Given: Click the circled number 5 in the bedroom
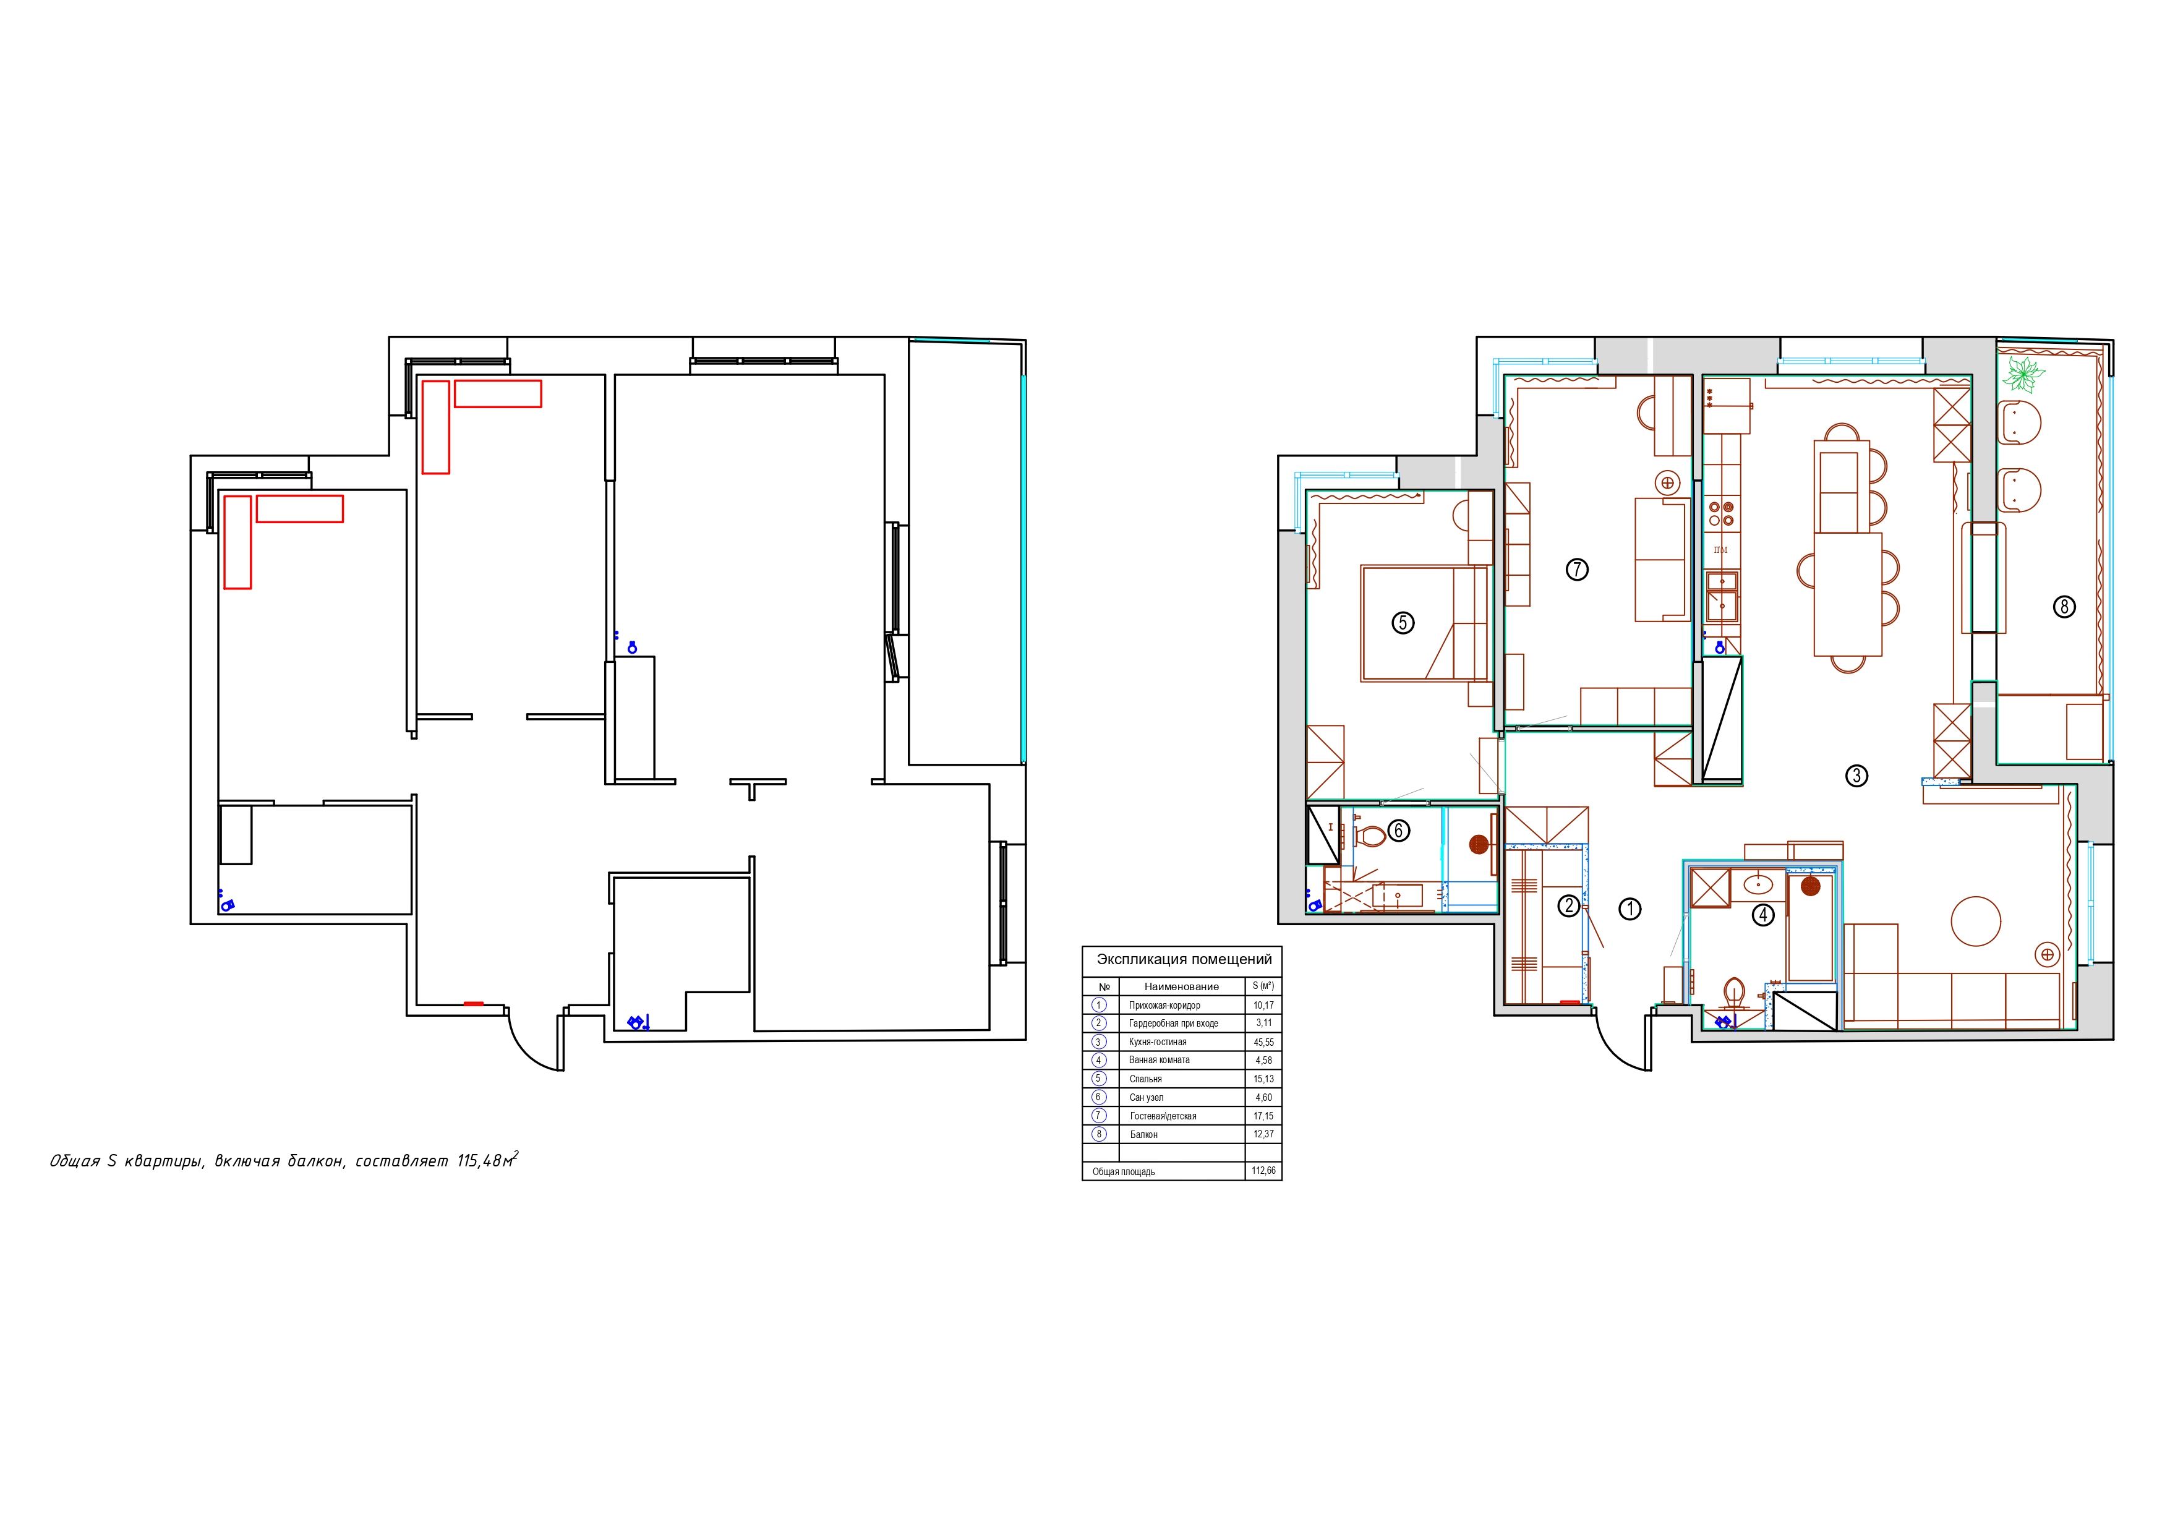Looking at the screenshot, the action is pyautogui.click(x=1403, y=622).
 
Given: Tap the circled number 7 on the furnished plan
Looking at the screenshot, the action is pyautogui.click(x=1576, y=569).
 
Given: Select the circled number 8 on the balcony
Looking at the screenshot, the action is pyautogui.click(x=2064, y=606).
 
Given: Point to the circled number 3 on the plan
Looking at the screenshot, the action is pyautogui.click(x=1856, y=776).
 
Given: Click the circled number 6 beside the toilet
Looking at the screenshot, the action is pyautogui.click(x=1398, y=831).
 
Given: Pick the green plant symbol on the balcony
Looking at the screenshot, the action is pyautogui.click(x=2022, y=374).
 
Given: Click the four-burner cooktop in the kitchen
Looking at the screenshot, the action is pyautogui.click(x=1721, y=513).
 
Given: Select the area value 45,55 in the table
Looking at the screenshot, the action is pyautogui.click(x=1263, y=1043).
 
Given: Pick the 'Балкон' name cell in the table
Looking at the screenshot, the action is pyautogui.click(x=1143, y=1134).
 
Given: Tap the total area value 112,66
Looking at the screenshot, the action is pyautogui.click(x=1263, y=1171).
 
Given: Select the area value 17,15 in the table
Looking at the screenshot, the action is pyautogui.click(x=1263, y=1116).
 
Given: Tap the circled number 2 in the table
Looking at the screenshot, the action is pyautogui.click(x=1099, y=1024).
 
